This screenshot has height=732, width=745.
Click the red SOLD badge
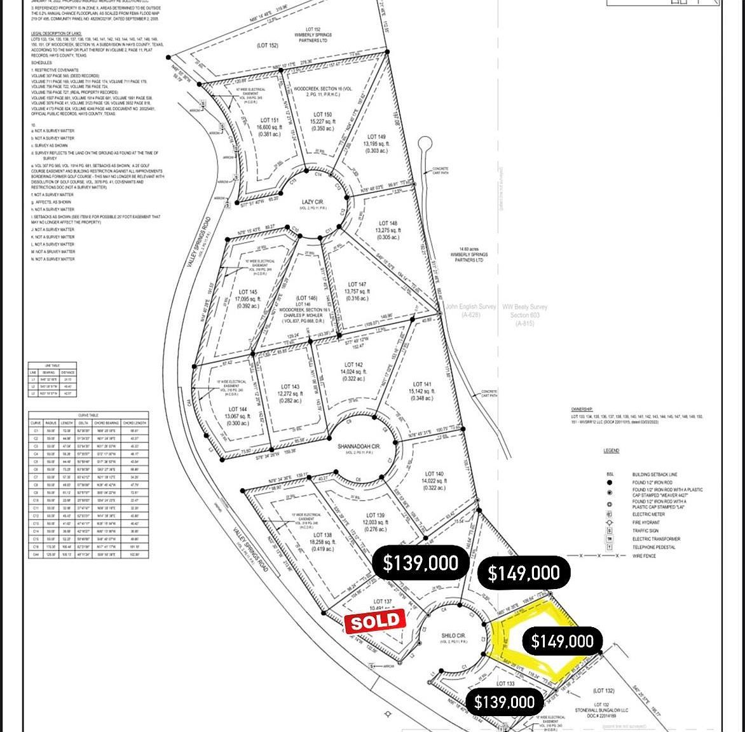pos(375,621)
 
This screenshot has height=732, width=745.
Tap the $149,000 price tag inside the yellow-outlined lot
pos(562,641)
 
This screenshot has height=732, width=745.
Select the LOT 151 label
pos(270,120)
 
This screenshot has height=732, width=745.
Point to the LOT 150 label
pos(322,114)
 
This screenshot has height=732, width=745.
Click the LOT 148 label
pos(388,224)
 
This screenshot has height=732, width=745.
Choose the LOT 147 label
pos(357,285)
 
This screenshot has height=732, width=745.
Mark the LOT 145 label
pos(247,292)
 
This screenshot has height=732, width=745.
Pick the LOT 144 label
pos(238,409)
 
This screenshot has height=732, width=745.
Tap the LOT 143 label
pos(290,386)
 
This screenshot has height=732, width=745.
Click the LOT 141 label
pos(422,384)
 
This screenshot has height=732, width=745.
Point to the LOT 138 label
pos(323,536)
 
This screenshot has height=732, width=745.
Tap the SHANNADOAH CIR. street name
pos(359,447)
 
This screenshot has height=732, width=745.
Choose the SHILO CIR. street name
pos(454,635)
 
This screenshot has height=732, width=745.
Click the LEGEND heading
pos(611,451)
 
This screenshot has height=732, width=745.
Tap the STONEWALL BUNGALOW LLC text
pos(601,710)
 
